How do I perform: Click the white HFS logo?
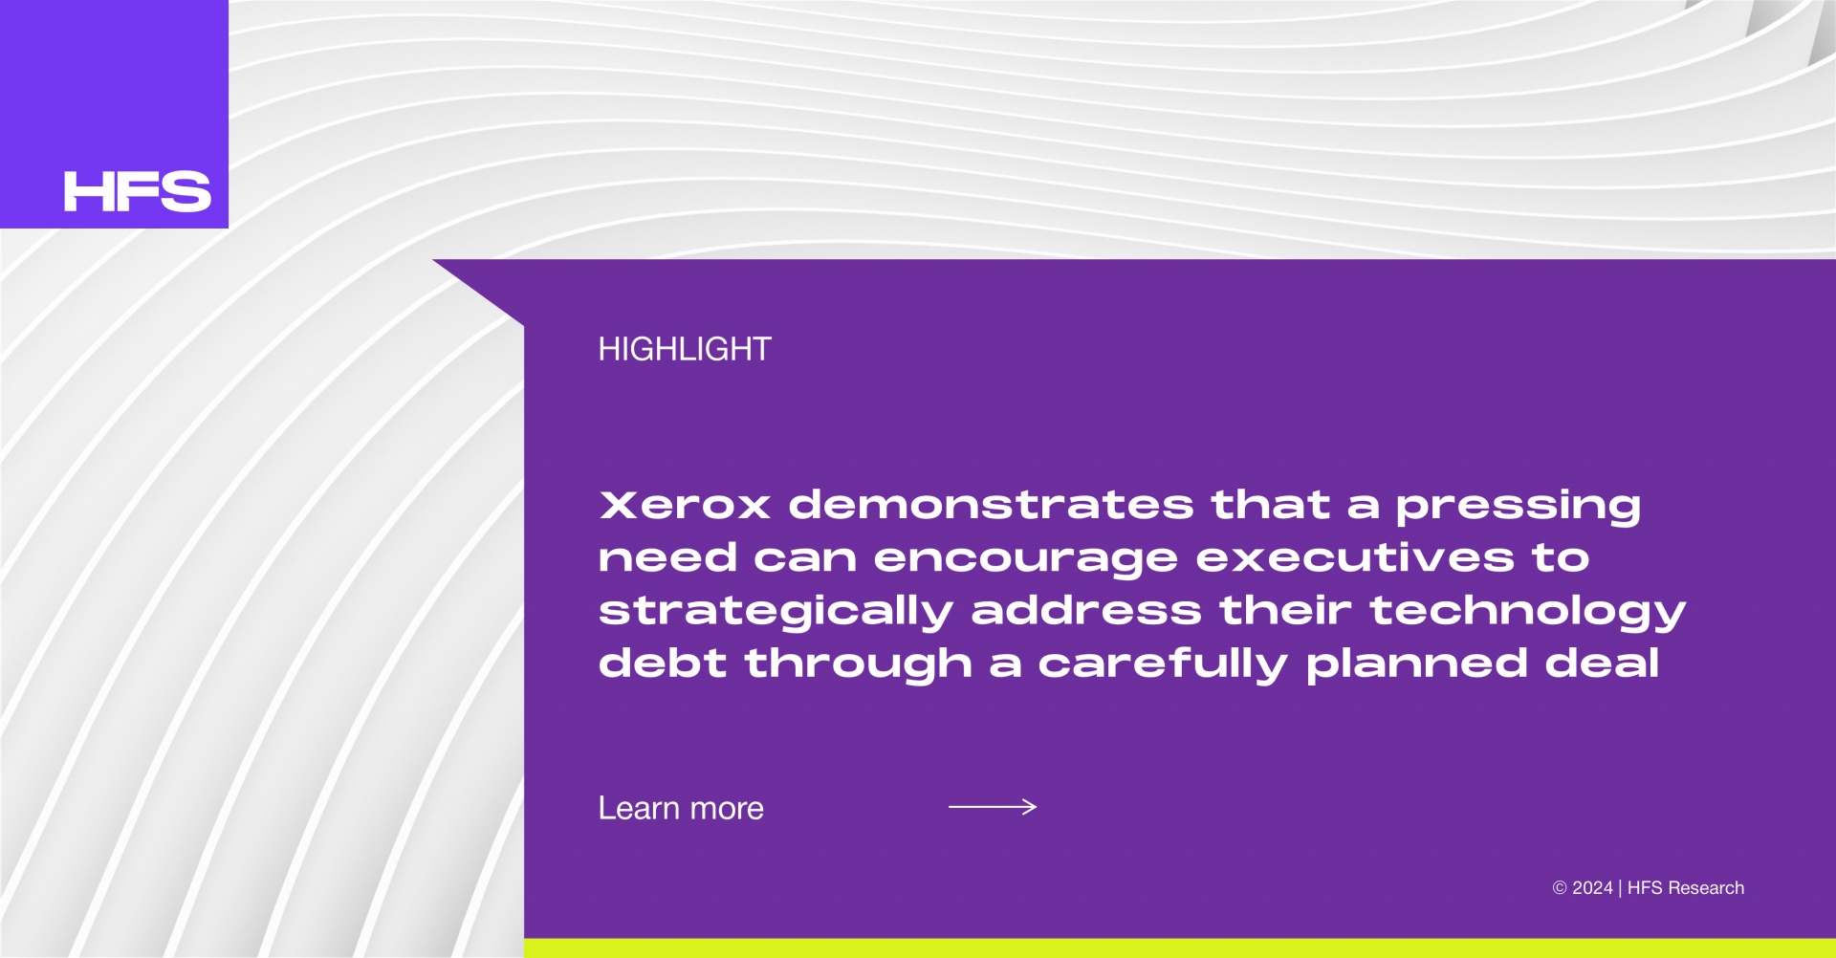click(137, 191)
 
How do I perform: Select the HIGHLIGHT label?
click(685, 349)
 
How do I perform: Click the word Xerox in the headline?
click(685, 505)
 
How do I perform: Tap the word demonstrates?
click(992, 505)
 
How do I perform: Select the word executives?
click(1355, 557)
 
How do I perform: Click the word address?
click(1086, 610)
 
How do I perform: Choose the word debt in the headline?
click(663, 663)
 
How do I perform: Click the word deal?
click(1603, 663)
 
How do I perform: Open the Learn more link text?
click(681, 809)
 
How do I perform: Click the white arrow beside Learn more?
click(993, 807)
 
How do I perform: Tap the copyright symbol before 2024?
click(1560, 888)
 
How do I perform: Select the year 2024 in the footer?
click(1592, 888)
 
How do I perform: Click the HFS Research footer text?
click(1686, 888)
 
